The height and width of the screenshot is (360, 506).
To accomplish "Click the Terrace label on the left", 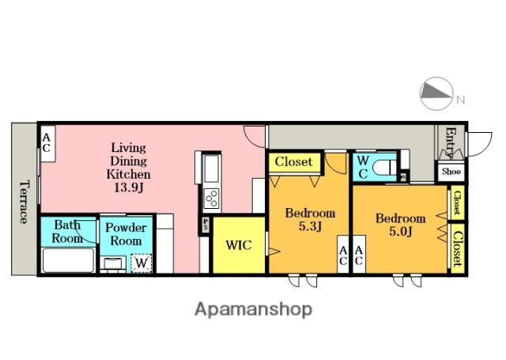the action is pos(24,202).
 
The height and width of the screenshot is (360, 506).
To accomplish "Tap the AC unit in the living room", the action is pos(47,143).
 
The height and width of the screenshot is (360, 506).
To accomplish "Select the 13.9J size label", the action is pos(129,188).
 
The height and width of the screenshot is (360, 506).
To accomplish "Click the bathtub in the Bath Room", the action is pos(69,260).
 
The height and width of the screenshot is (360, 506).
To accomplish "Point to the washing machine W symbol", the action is pos(142,263).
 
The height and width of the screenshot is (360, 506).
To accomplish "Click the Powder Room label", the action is pos(126,234).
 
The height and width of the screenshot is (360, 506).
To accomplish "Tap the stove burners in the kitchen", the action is pos(212,199).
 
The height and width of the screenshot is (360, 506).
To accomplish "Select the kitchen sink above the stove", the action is pos(211,169).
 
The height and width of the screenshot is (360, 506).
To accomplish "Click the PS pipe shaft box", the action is pos(206,225).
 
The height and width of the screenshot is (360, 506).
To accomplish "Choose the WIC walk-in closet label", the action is pos(239,245).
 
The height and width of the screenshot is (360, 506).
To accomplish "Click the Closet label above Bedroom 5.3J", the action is pos(293,161).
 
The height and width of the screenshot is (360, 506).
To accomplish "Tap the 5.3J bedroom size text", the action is pos(310,226).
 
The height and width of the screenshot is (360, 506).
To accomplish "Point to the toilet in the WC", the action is pos(384,168).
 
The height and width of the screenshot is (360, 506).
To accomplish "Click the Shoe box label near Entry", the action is pos(451,172).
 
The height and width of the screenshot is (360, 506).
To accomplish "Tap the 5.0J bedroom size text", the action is pos(401,232).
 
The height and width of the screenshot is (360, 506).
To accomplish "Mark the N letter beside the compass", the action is pos(460,100).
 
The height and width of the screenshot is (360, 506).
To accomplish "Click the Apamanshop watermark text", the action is pos(253,309).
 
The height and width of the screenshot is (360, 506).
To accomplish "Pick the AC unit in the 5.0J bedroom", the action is pos(359,255).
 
